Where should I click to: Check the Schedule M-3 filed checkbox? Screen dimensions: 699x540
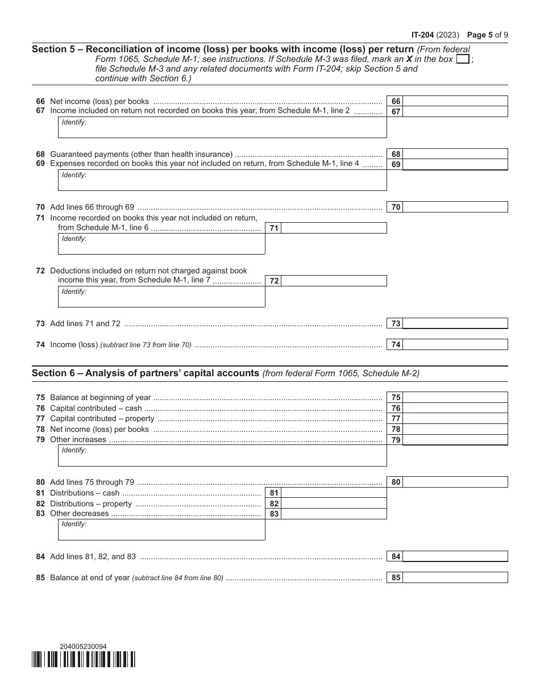coord(463,59)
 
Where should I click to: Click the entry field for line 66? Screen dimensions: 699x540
coord(455,101)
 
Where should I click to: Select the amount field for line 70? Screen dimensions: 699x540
coord(455,207)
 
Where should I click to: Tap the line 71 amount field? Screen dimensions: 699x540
coord(334,228)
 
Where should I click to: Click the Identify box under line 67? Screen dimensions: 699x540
coord(222,128)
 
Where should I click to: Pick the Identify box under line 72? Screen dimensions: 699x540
coord(161,297)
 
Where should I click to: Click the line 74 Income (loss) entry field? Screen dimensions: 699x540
coord(455,344)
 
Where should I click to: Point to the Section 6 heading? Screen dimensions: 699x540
coord(146,373)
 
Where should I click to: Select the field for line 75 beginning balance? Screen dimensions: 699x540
coord(455,398)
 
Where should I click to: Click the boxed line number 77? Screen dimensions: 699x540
coord(396,419)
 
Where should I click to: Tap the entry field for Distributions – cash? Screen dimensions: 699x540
coord(334,493)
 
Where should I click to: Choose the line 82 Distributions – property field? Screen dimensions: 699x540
coord(334,504)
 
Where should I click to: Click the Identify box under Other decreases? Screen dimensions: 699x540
coord(161,530)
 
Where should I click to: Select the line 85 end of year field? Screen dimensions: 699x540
coord(455,578)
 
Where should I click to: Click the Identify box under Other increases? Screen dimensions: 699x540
coord(222,456)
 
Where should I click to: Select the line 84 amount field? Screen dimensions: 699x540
coord(455,557)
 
